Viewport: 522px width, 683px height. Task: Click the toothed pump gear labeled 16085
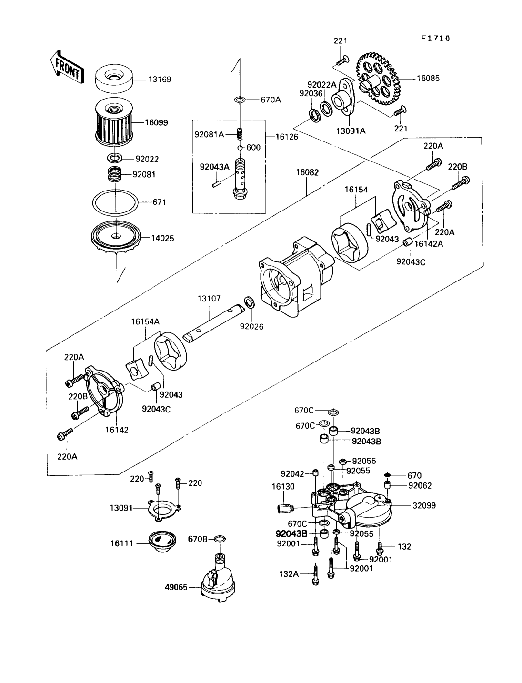(379, 79)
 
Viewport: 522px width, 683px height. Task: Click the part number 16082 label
(308, 172)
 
